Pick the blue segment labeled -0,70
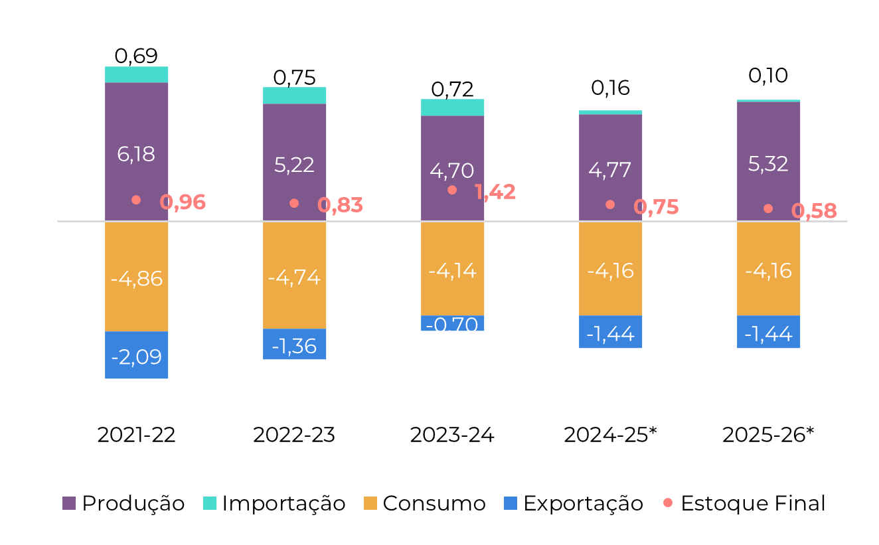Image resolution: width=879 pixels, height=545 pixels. point(453,324)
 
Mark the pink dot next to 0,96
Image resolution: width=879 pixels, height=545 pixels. point(136,200)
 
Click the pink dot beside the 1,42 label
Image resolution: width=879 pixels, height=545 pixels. point(452,190)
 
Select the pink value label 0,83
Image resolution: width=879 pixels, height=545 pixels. point(341,206)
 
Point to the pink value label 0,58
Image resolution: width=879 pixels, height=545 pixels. point(814,211)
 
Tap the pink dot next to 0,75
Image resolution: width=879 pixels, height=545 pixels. point(610,204)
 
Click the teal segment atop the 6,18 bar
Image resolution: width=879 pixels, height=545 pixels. point(137,74)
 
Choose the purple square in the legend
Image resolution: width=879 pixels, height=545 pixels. point(69,503)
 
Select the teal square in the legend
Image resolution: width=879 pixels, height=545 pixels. point(210,503)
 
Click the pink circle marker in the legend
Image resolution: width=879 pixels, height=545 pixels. point(668,503)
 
